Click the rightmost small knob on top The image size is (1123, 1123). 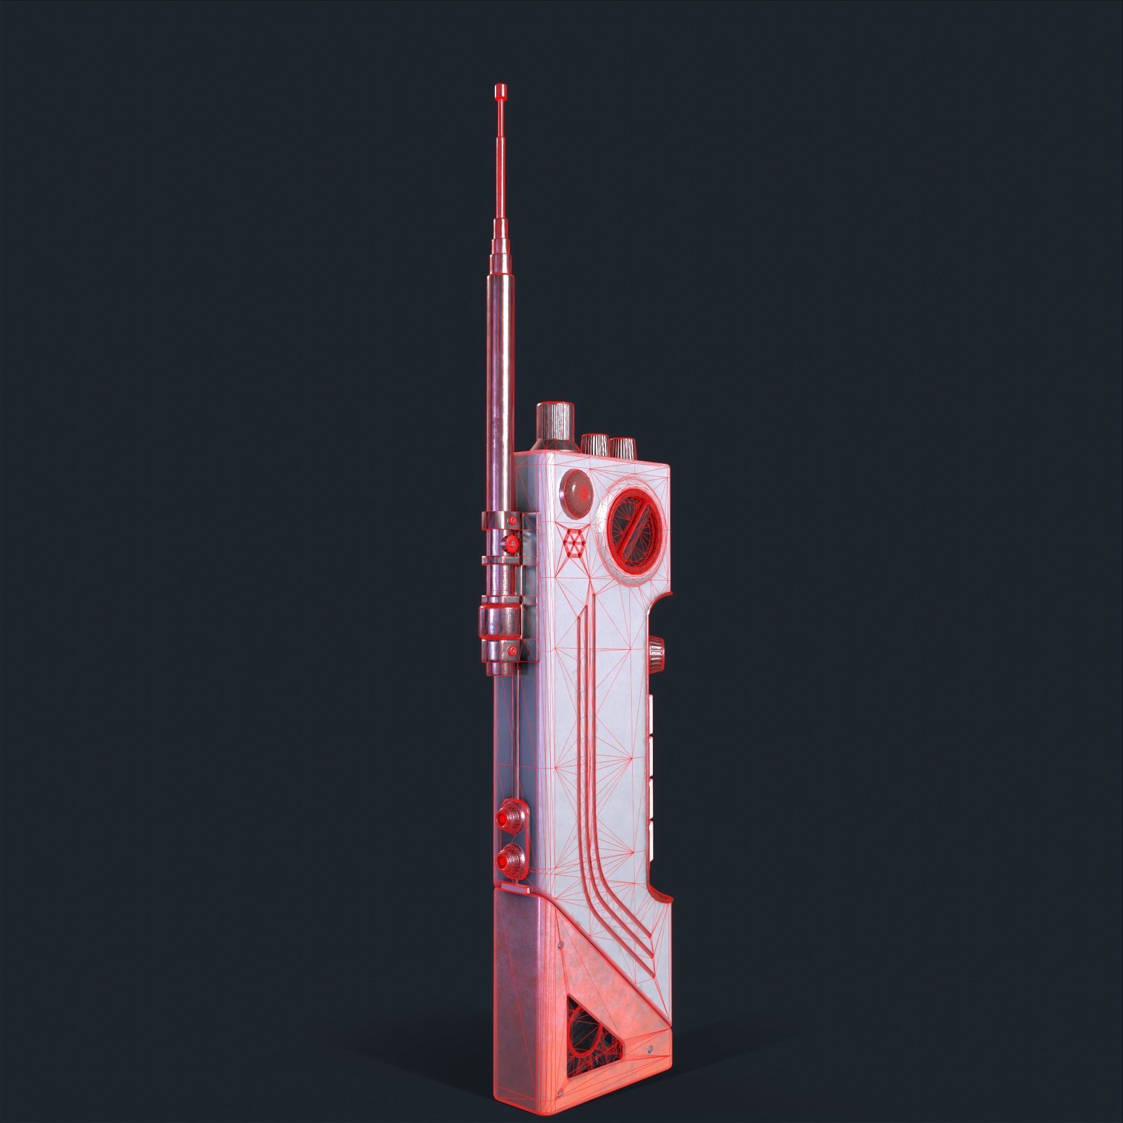point(622,447)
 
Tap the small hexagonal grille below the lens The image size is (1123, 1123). point(573,545)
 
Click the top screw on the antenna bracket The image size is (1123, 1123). point(513,519)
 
